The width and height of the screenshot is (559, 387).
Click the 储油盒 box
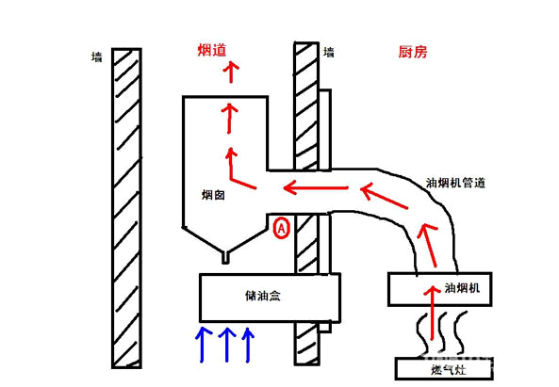(270, 296)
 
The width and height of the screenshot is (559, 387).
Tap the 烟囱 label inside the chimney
(212, 195)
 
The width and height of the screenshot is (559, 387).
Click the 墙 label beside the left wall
(96, 57)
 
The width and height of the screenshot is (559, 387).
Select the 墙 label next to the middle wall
(328, 53)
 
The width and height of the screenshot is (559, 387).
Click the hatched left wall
(125, 207)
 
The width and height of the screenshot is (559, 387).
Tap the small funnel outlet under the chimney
(223, 253)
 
